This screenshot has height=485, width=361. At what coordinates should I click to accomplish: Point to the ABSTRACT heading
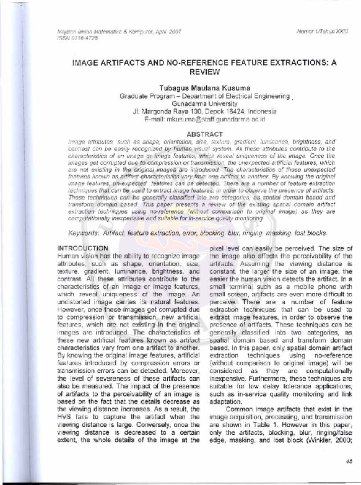(204, 134)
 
